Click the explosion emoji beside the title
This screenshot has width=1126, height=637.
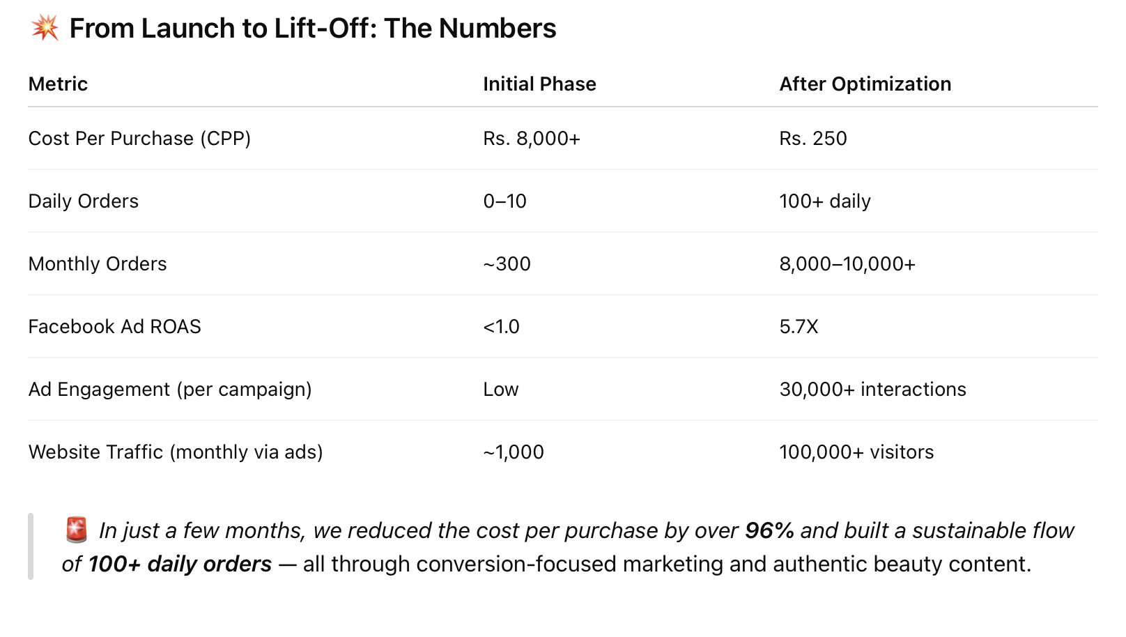(45, 29)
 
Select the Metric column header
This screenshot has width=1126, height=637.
(58, 84)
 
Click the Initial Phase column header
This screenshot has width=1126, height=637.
(539, 84)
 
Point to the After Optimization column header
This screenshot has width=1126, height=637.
(865, 84)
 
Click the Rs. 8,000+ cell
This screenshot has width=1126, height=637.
(531, 139)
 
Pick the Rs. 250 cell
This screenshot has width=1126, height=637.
(812, 139)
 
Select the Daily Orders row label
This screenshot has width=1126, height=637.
(84, 201)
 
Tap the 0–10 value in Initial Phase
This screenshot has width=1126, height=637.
(504, 201)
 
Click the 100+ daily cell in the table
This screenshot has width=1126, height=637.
(824, 201)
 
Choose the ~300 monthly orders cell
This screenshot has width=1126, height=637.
(507, 264)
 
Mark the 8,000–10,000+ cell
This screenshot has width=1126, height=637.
(847, 264)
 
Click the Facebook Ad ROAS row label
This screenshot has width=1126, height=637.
(114, 327)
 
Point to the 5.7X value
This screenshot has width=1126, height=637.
(799, 327)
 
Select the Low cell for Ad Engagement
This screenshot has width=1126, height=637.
(500, 390)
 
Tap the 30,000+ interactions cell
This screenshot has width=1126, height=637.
(872, 390)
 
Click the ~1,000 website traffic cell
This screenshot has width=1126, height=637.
(513, 452)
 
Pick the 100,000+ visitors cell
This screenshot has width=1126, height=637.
(856, 452)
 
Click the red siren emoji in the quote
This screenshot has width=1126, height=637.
(77, 530)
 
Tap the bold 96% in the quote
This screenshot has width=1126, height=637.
(769, 531)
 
